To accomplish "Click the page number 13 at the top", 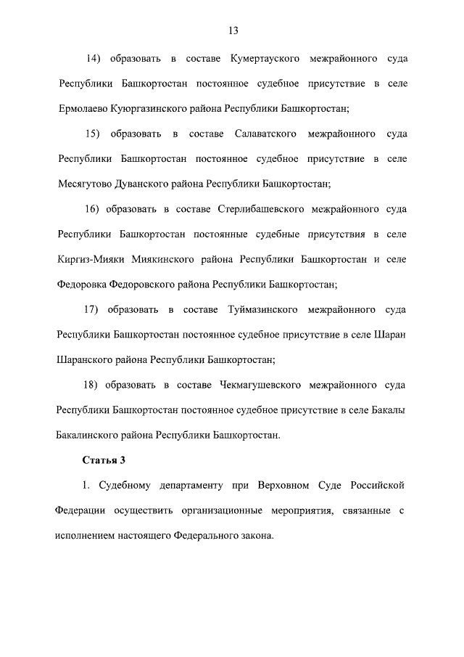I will click(x=233, y=30).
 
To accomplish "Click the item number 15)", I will click(x=94, y=134).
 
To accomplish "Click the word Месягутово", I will click(x=86, y=184).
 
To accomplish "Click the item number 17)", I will click(x=93, y=310).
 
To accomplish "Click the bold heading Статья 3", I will click(x=99, y=460).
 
